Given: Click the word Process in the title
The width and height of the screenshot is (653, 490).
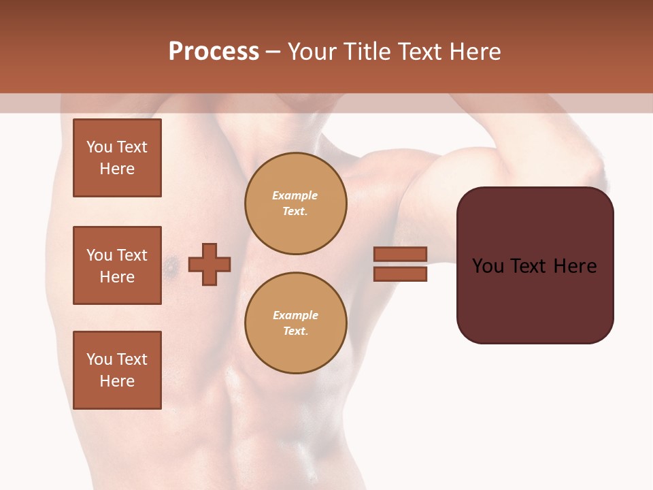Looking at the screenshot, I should [x=214, y=52].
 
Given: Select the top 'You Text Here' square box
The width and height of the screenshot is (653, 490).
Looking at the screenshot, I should [x=117, y=158].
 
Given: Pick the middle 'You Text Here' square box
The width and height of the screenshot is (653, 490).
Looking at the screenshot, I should [x=117, y=265].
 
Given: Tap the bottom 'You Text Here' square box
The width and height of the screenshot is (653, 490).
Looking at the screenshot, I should [x=117, y=370].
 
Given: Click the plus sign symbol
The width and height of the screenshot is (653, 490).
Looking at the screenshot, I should [x=210, y=264].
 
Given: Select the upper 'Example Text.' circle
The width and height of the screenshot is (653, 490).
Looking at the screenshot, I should [x=296, y=203].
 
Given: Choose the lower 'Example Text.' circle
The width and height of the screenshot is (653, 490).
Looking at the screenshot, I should [x=296, y=323].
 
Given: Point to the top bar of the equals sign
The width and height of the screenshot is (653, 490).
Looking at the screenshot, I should [x=400, y=255].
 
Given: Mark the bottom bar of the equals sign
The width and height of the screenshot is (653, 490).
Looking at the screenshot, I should [x=400, y=274].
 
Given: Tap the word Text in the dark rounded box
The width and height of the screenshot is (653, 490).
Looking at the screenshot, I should [x=534, y=266].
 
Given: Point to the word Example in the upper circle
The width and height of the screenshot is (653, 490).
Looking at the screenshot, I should [x=295, y=195].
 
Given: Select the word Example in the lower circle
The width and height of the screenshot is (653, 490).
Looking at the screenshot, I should [x=295, y=315].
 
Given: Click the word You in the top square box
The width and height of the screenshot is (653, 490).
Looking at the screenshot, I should [x=99, y=147].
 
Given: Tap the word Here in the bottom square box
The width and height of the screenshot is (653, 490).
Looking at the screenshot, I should [x=117, y=381].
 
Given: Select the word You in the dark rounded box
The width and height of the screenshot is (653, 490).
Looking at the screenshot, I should [x=488, y=266].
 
